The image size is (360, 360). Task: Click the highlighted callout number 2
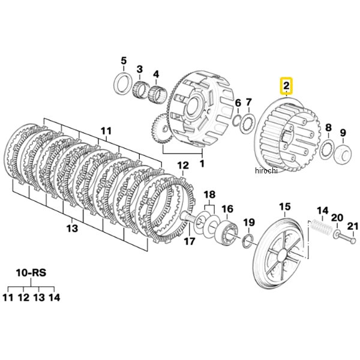tap(287, 86)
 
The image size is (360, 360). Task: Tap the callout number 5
tap(124, 60)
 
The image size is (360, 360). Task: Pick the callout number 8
tap(328, 127)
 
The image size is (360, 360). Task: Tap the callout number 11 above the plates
tap(106, 130)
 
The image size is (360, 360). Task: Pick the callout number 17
tap(190, 242)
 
